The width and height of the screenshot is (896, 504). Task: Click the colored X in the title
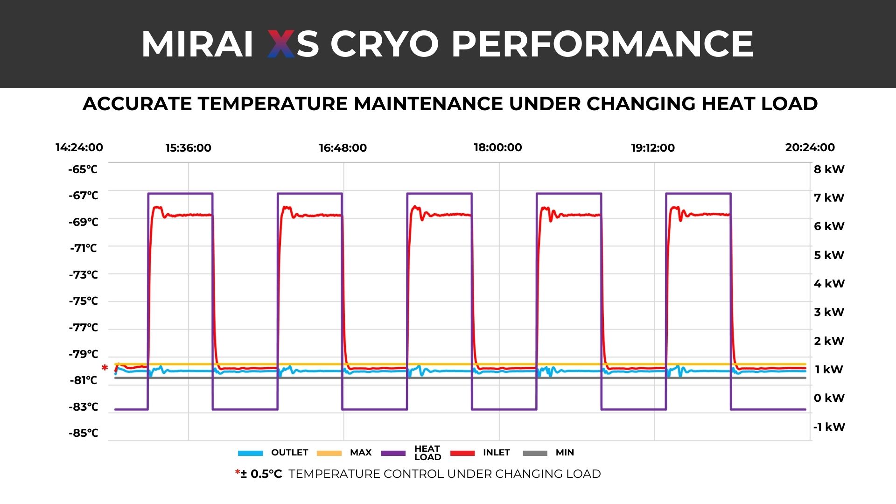[281, 44]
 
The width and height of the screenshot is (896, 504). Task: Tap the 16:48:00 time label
[343, 148]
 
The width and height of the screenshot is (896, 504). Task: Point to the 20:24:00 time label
[810, 147]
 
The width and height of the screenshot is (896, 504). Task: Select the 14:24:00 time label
[79, 147]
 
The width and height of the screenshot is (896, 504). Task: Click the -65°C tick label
[83, 169]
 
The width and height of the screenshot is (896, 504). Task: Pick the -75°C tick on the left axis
[83, 301]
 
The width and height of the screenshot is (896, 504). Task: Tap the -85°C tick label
[83, 433]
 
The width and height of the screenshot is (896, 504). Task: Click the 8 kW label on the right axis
[829, 169]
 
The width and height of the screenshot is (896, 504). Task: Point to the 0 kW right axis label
[829, 398]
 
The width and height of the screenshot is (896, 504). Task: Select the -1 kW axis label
[829, 427]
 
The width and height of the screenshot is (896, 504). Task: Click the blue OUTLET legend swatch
[251, 453]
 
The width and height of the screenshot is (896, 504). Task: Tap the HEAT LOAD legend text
[427, 453]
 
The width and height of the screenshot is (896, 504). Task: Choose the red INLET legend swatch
[462, 453]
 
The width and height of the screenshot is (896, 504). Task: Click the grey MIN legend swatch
[535, 453]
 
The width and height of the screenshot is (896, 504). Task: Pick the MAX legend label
[360, 453]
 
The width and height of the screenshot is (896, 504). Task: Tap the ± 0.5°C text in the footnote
[261, 474]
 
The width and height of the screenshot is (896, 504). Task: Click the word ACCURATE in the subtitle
[138, 104]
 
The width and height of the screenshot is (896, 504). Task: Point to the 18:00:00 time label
[497, 147]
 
